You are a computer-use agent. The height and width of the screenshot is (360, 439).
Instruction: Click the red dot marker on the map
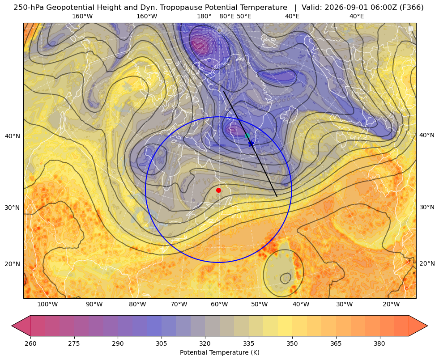click(219, 190)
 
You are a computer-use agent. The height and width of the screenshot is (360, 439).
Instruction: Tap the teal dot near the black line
click(247, 136)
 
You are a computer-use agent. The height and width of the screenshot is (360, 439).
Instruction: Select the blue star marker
click(251, 144)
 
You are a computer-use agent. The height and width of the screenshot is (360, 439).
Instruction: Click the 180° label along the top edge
click(204, 16)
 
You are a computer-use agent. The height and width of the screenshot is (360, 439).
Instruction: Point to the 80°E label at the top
click(227, 16)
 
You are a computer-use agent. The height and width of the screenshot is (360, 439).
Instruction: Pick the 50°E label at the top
click(244, 16)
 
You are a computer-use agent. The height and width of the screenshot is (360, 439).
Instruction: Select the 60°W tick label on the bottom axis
click(219, 305)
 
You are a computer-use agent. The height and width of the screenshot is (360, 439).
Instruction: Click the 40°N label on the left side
click(13, 136)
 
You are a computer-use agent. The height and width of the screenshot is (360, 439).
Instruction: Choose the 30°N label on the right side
click(427, 207)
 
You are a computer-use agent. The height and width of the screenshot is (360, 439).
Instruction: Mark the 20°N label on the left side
click(13, 264)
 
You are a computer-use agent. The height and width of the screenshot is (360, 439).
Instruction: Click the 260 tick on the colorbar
click(30, 343)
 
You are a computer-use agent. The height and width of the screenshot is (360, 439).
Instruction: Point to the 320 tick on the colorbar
click(205, 343)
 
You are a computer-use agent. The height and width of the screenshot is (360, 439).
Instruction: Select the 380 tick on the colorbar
click(379, 343)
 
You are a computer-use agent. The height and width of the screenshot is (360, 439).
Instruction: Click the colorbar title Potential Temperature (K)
click(219, 352)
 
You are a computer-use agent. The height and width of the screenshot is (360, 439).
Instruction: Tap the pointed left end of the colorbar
click(12, 326)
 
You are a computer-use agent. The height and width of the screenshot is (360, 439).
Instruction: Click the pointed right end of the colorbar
click(427, 326)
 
